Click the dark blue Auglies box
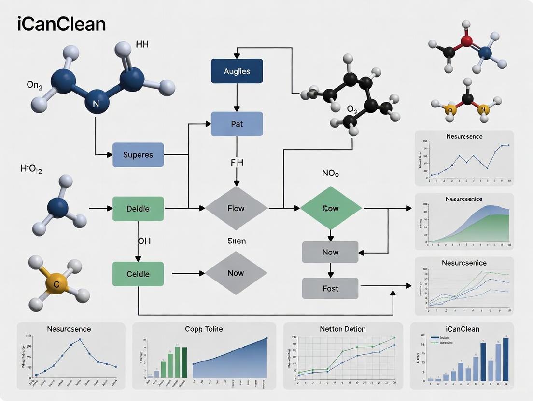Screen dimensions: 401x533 (x=237, y=71)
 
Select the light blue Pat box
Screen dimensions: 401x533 (x=237, y=124)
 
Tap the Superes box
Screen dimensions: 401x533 (x=138, y=155)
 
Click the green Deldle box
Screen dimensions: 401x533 (x=138, y=209)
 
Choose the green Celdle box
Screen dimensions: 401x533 (x=138, y=274)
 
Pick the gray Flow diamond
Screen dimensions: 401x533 (x=236, y=209)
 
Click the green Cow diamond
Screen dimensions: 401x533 (x=331, y=209)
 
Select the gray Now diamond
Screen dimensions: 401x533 (x=236, y=273)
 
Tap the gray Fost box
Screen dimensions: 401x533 (x=330, y=288)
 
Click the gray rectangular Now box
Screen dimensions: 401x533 (x=330, y=252)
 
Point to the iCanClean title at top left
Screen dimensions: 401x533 (x=61, y=24)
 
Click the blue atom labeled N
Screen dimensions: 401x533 (x=95, y=104)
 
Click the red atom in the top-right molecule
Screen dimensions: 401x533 (x=466, y=40)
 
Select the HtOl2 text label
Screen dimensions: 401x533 (x=31, y=169)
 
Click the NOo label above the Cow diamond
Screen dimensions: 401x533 (x=330, y=174)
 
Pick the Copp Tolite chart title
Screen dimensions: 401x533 (x=204, y=329)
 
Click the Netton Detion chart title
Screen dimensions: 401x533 (x=343, y=329)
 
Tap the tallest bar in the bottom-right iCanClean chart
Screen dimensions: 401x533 (x=505, y=359)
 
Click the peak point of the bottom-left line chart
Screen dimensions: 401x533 (x=80, y=339)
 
